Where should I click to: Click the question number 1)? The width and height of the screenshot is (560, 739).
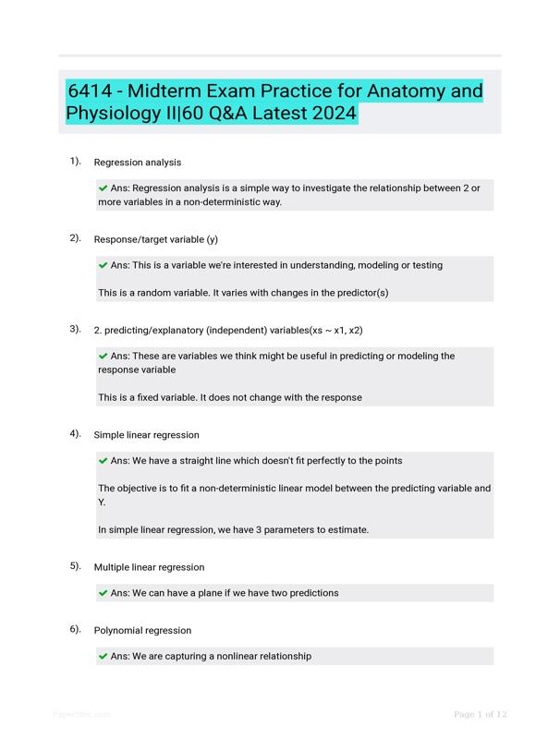(x=75, y=161)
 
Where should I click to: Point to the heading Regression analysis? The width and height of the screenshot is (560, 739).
(x=138, y=163)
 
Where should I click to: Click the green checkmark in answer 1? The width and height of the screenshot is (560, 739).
(x=103, y=188)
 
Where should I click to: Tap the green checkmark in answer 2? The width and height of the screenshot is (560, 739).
(x=103, y=265)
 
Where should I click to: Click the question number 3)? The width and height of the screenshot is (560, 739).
(x=75, y=328)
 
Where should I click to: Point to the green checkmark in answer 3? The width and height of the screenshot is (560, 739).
(x=103, y=356)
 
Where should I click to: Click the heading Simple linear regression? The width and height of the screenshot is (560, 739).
(x=147, y=434)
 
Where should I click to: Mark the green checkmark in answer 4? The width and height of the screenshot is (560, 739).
(x=103, y=460)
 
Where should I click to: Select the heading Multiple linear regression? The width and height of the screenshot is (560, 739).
(x=150, y=567)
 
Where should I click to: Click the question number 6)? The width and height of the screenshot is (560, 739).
(x=75, y=629)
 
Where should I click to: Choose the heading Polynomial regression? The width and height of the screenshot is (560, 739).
(x=142, y=631)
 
